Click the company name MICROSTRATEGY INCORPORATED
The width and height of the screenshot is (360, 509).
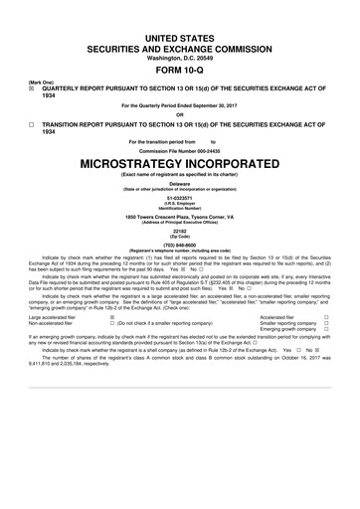click(x=180, y=164)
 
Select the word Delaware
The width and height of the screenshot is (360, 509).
click(x=180, y=184)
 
